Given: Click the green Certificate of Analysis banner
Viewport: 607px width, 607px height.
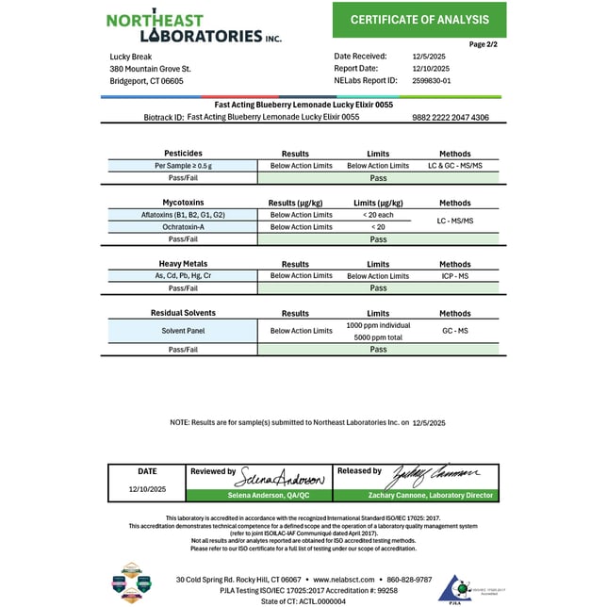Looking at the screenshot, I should tap(419, 20).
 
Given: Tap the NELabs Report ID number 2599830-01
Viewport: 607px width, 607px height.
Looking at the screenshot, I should tap(433, 81).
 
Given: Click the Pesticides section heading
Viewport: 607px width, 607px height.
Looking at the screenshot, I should tap(183, 153).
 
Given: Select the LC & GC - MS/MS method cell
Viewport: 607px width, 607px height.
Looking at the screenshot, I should tap(454, 165).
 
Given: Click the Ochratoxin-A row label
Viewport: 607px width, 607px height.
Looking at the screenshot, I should tap(183, 227).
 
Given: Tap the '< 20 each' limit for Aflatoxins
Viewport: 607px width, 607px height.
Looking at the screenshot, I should tap(378, 215).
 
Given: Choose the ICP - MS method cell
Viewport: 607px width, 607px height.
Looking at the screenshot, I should tap(454, 276).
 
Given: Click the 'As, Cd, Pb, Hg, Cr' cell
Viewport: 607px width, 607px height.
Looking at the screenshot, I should tap(183, 276).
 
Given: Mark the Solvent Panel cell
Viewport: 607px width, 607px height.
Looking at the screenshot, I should tap(183, 331).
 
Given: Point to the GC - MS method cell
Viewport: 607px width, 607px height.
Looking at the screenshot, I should tap(454, 331).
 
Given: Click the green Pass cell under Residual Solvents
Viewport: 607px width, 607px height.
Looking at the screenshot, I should tap(378, 350).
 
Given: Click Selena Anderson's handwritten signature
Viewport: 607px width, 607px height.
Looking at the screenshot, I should tap(281, 475).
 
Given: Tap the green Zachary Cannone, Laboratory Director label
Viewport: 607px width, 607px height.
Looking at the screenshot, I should tap(415, 496).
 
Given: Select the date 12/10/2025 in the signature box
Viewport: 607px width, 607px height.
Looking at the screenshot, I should tap(147, 490).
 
